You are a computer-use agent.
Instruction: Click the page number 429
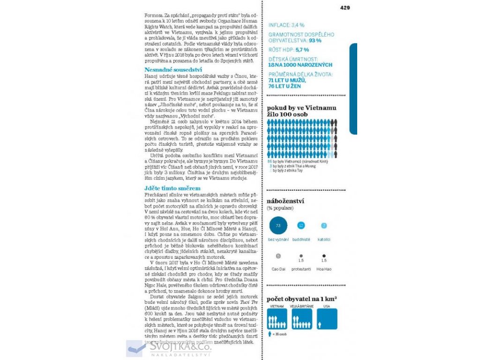pos(345,7)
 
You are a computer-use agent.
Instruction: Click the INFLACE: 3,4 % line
pos(286,25)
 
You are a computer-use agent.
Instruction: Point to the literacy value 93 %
pos(315,41)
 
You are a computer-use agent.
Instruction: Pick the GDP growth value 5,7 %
pos(302,49)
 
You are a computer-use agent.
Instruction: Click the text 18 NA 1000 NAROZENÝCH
pos(300,65)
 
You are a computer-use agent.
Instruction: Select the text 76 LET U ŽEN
pos(285,86)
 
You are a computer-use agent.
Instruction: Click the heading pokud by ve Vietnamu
pos(301,108)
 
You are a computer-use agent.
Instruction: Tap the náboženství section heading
pos(286,202)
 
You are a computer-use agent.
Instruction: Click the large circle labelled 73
pos(278,225)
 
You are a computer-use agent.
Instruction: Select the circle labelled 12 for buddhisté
pos(301,225)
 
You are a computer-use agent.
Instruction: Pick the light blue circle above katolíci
pos(324,225)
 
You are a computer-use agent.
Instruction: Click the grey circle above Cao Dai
pos(278,256)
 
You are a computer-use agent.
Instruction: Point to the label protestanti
pos(301,269)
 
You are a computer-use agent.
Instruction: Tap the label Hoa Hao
pos(324,269)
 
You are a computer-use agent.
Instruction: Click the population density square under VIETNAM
pos(277,319)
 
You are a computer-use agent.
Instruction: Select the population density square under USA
pos(327,319)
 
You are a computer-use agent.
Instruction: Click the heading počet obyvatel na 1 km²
pos(302,299)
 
